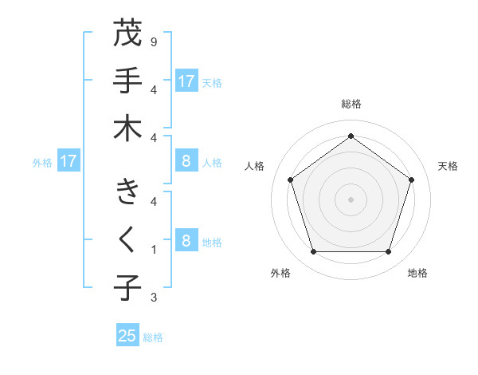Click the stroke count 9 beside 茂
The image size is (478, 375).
point(153,41)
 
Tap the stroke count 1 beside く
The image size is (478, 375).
point(153,250)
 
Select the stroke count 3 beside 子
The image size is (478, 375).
point(153,298)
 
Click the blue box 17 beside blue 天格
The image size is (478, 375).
point(186,81)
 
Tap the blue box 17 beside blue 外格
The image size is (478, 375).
point(69,161)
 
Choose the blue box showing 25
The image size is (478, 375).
point(127,336)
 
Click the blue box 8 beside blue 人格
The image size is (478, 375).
point(186,161)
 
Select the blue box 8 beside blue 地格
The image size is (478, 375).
point(186,241)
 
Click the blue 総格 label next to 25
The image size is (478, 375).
point(153,337)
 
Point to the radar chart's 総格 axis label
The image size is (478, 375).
point(351,104)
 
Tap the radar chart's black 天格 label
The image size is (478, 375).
point(448,166)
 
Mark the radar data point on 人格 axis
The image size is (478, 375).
point(290,180)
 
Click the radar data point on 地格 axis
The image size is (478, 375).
point(388,251)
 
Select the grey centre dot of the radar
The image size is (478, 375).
point(351,199)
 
